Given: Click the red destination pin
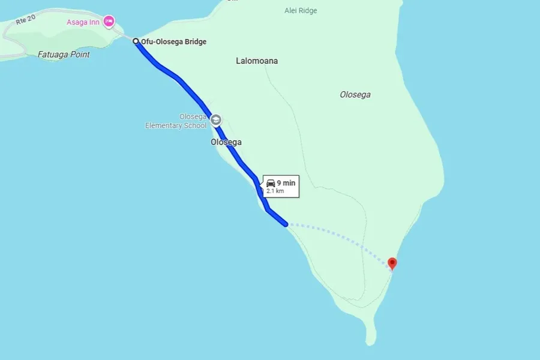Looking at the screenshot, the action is click(392, 263).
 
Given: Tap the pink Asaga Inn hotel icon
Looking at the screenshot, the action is click(109, 22).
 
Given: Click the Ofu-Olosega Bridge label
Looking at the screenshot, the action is click(173, 42).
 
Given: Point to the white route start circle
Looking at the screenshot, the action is click(136, 42).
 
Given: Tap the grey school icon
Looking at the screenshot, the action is click(215, 120).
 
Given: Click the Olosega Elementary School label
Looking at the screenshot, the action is click(176, 121).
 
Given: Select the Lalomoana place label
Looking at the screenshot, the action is click(257, 61).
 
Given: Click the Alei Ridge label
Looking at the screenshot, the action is click(301, 11).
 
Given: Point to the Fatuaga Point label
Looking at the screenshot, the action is click(64, 55).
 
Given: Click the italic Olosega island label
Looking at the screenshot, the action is click(355, 95).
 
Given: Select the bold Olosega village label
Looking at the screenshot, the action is click(226, 142).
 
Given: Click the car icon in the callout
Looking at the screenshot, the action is click(271, 183).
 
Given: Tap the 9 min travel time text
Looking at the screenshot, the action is click(286, 183).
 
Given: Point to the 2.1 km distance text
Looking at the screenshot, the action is click(275, 191).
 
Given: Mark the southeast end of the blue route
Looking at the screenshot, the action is click(286, 224).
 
